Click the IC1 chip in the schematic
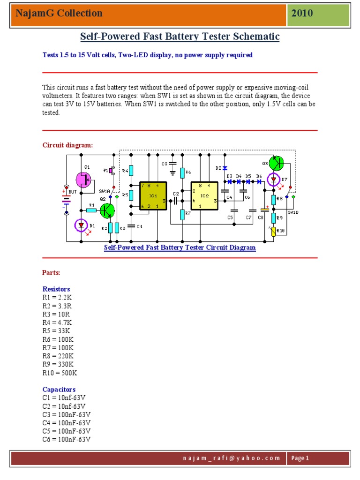(x=153, y=196)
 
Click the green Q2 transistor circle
(x=107, y=210)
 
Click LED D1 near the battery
(x=82, y=226)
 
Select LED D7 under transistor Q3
(x=273, y=180)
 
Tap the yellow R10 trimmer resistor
(x=273, y=231)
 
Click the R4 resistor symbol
(x=132, y=170)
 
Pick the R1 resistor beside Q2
(x=91, y=210)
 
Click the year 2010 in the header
(x=302, y=13)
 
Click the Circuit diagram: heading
(x=68, y=145)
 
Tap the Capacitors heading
(x=59, y=390)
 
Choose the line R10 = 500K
(x=60, y=373)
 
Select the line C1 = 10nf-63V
(x=64, y=398)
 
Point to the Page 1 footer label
(x=300, y=458)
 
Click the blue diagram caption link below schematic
(x=180, y=247)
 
